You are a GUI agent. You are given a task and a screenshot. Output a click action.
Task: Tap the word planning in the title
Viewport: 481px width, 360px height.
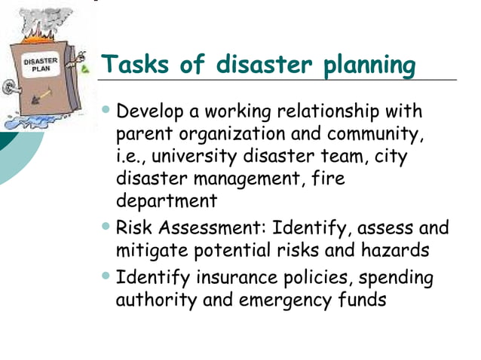pos(369,66)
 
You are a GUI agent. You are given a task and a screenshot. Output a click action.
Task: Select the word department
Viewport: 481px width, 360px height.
pos(167,201)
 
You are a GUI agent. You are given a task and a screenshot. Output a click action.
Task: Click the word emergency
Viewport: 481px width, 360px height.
pos(283,300)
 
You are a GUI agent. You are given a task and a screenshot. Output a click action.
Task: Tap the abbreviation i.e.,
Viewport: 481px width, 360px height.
pos(135,157)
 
